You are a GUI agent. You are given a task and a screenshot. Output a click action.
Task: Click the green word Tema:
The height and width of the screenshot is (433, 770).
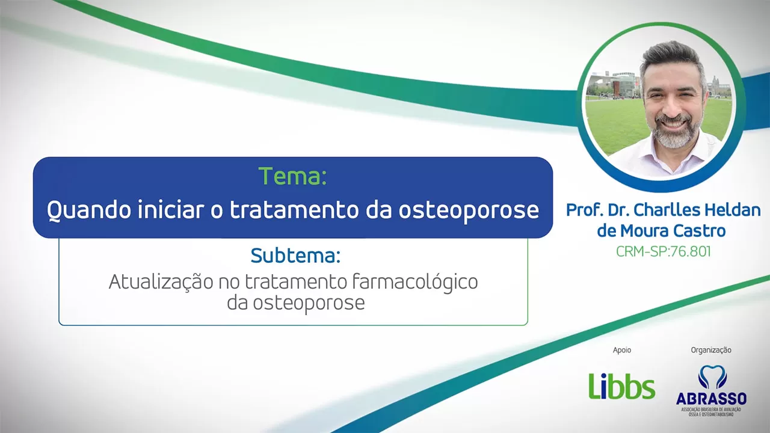pyautogui.click(x=292, y=176)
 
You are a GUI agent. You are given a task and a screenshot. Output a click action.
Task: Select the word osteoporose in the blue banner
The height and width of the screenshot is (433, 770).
pyautogui.click(x=469, y=210)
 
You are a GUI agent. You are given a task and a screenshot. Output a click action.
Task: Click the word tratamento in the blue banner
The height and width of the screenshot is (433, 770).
pyautogui.click(x=294, y=210)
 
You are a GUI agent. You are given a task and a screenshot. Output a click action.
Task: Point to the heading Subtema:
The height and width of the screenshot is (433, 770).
pyautogui.click(x=295, y=256)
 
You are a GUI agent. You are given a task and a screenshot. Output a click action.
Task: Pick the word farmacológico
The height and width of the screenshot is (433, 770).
pyautogui.click(x=415, y=283)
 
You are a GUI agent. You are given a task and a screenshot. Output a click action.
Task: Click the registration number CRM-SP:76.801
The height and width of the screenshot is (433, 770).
pyautogui.click(x=663, y=251)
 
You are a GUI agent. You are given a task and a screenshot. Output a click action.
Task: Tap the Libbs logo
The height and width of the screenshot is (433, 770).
pyautogui.click(x=622, y=386)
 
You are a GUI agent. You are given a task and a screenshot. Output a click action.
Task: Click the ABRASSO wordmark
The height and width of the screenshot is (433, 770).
pyautogui.click(x=711, y=399)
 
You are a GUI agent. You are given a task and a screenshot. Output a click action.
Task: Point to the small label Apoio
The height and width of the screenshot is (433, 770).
pyautogui.click(x=622, y=350)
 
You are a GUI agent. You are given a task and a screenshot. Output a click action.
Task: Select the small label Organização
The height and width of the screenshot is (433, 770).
pyautogui.click(x=711, y=350)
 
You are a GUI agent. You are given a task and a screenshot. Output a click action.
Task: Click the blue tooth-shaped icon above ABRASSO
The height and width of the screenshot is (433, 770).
pyautogui.click(x=712, y=377)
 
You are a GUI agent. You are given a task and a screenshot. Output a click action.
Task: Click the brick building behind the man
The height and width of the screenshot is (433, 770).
pyautogui.click(x=626, y=86)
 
